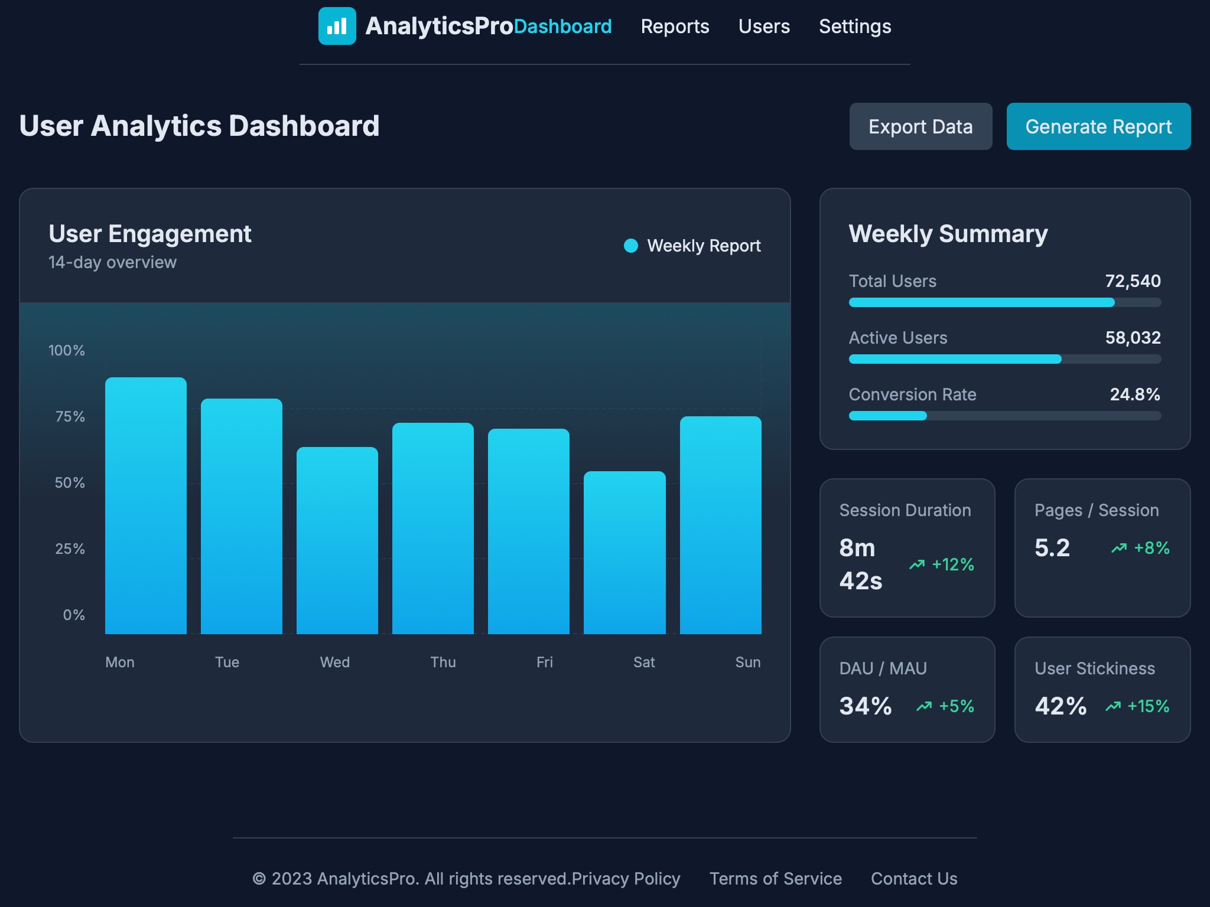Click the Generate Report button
(x=1098, y=126)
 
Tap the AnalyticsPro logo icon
(x=337, y=26)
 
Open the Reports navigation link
(x=675, y=27)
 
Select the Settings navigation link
(x=854, y=27)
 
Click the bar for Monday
(x=145, y=505)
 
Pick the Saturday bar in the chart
(x=624, y=553)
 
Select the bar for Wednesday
(x=337, y=540)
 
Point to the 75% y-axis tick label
(x=70, y=417)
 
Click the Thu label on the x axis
(x=443, y=662)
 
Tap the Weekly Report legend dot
(x=631, y=246)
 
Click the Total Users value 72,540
(x=1133, y=281)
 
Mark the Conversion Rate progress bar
(x=1004, y=416)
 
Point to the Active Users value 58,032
(x=1133, y=338)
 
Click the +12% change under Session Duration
(x=952, y=565)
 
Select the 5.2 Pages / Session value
(x=1052, y=548)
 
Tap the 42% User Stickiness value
(x=1060, y=706)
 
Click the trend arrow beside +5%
(x=923, y=706)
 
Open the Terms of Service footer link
(x=775, y=879)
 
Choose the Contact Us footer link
(x=913, y=879)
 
